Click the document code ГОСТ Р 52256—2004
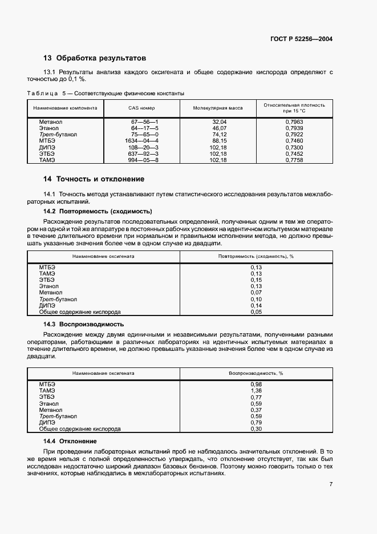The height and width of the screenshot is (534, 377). coord(302,39)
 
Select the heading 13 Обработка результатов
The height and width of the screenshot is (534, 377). coord(95,58)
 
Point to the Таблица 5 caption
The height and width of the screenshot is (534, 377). coord(106,94)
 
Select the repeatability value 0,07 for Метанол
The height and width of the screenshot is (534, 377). coord(256,293)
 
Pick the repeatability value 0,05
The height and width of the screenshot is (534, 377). coord(256,312)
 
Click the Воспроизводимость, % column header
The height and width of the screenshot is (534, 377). coord(256,373)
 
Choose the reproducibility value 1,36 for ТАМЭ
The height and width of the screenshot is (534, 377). coord(256,390)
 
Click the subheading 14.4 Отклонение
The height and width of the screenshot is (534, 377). coord(70,441)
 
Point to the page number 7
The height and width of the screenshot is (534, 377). coord(331,484)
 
